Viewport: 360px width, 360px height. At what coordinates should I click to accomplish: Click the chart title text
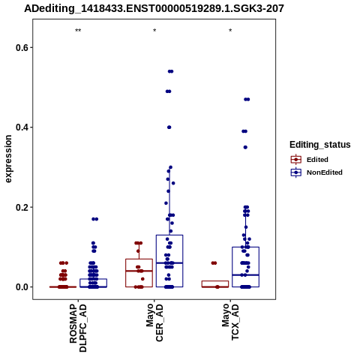tap(154, 8)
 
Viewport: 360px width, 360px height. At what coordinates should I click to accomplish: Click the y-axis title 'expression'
tap(8, 159)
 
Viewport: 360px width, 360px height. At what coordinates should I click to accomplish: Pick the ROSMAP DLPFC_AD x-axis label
tap(78, 328)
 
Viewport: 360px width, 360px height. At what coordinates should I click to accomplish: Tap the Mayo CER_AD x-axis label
tap(154, 322)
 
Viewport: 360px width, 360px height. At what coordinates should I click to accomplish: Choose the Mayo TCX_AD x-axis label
tap(230, 322)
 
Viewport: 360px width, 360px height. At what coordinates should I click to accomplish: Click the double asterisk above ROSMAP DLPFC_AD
tap(78, 31)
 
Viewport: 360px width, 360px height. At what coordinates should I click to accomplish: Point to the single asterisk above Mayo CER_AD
tap(154, 31)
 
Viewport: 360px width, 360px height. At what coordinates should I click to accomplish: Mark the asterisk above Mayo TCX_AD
tap(230, 31)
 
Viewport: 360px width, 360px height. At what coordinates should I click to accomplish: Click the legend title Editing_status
tap(319, 145)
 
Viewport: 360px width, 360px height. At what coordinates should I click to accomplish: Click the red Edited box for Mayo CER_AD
tap(139, 273)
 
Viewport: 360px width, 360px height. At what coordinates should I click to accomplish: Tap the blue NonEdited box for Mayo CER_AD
tap(169, 261)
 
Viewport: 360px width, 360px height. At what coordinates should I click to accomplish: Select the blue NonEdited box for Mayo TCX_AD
tap(245, 267)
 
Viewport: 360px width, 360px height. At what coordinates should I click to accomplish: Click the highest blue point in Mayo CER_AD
tap(170, 71)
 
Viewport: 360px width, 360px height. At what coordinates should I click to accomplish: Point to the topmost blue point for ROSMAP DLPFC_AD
tap(94, 219)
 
